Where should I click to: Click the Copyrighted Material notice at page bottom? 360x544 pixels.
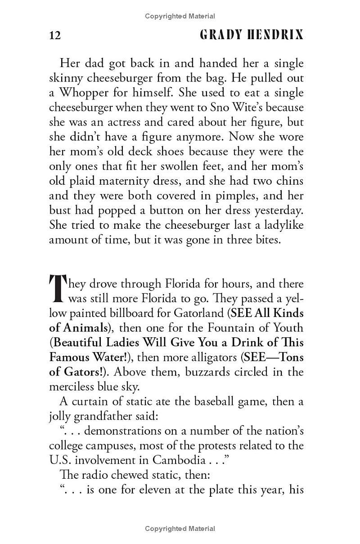pos(180,529)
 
